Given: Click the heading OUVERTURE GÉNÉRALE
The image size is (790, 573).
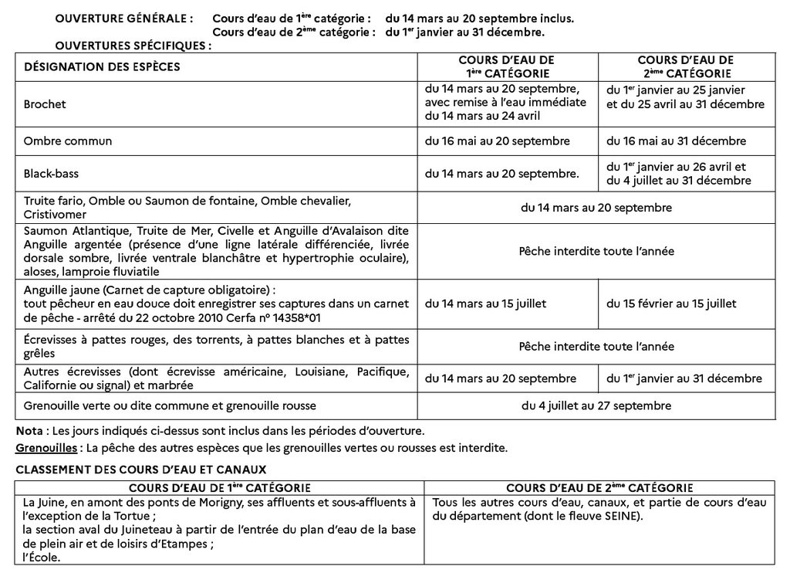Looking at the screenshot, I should pyautogui.click(x=124, y=17).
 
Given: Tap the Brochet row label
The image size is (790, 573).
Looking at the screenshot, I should pyautogui.click(x=45, y=103).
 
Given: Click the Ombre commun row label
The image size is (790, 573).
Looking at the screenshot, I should pyautogui.click(x=68, y=141).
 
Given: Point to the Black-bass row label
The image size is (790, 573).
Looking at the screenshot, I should pyautogui.click(x=53, y=174).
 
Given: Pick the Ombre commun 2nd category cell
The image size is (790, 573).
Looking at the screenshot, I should pyautogui.click(x=676, y=141).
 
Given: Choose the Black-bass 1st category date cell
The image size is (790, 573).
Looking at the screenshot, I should pyautogui.click(x=501, y=174).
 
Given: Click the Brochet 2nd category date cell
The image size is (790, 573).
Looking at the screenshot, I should pyautogui.click(x=685, y=97).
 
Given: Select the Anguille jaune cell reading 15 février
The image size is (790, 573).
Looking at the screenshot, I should pyautogui.click(x=670, y=303).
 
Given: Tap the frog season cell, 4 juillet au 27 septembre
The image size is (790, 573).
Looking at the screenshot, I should pyautogui.click(x=596, y=405).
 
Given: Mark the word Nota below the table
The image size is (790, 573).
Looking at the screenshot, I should pyautogui.click(x=28, y=430).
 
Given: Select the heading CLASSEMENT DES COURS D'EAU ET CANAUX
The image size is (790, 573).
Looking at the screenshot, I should pyautogui.click(x=141, y=469).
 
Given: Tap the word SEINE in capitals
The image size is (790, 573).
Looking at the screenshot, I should pyautogui.click(x=622, y=516).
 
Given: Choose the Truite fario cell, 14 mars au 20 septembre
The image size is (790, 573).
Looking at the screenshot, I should pyautogui.click(x=596, y=208).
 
